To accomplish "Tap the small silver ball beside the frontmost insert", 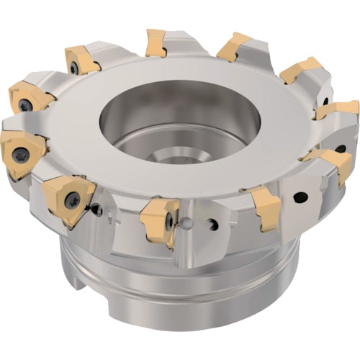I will point(186,224).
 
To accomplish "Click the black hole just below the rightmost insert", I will point(341,148).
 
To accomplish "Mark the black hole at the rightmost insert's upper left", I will point(325,102).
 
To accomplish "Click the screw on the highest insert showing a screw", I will point(74,67).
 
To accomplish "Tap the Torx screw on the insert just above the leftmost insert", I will point(25,105).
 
